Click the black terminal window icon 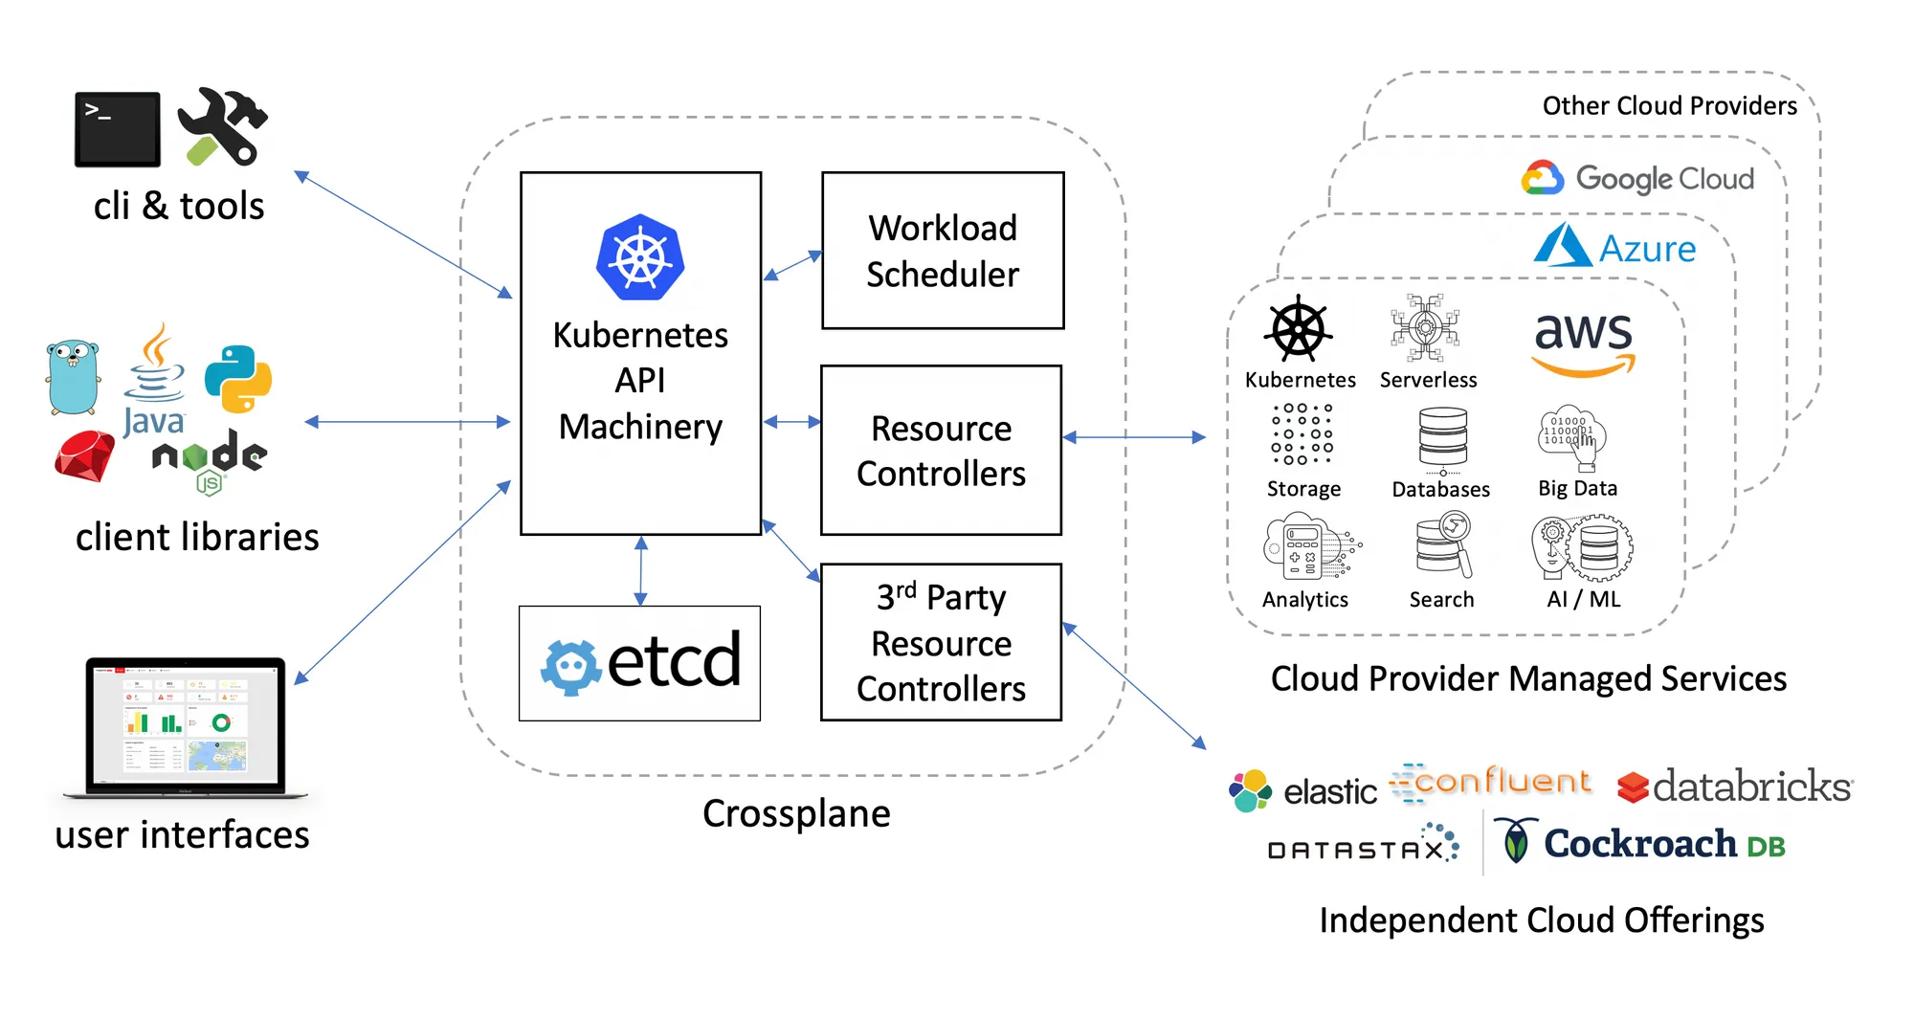click(117, 129)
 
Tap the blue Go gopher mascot click(73, 376)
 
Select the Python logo click(238, 379)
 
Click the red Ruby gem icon click(84, 455)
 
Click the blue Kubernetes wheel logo click(639, 257)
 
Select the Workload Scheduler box click(943, 251)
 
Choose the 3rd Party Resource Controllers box click(941, 642)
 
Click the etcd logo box click(639, 662)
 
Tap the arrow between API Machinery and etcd click(641, 570)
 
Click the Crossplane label click(796, 813)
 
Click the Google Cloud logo click(1637, 179)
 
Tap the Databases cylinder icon click(1442, 439)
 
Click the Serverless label click(1428, 380)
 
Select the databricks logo click(1734, 786)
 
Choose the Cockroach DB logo click(1640, 843)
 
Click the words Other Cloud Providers click(1669, 105)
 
